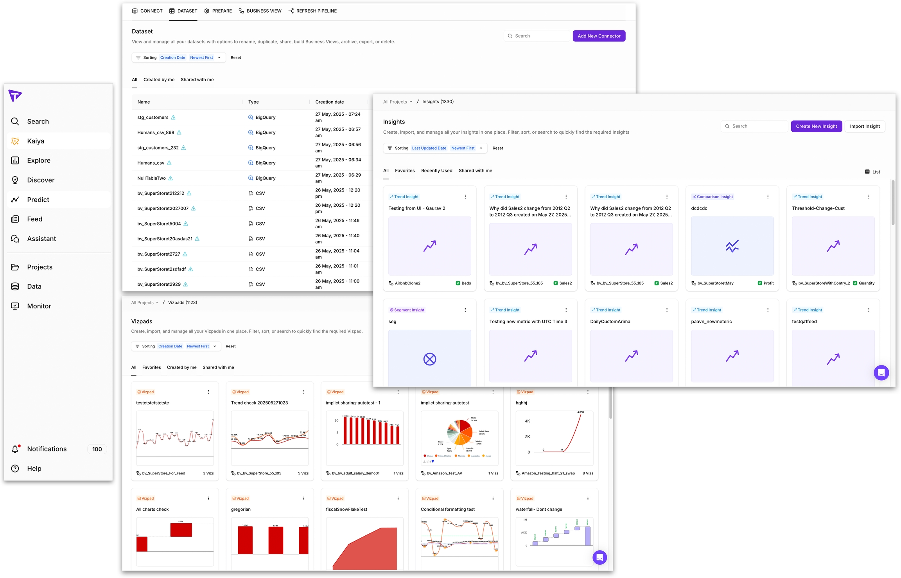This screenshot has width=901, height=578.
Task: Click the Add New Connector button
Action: click(599, 36)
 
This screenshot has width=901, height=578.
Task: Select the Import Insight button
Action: click(865, 126)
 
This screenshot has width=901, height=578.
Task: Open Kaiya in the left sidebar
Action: click(36, 141)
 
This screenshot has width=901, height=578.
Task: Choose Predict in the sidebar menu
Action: click(38, 200)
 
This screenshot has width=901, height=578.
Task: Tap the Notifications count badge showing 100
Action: click(97, 449)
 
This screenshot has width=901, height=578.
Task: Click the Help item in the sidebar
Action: click(34, 469)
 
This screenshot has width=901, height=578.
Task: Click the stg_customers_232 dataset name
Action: click(158, 148)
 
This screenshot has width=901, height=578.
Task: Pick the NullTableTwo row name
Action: click(151, 178)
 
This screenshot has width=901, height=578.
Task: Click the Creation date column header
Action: click(330, 102)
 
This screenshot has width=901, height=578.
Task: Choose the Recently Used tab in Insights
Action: click(436, 171)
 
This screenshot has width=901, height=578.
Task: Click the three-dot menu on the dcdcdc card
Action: click(768, 197)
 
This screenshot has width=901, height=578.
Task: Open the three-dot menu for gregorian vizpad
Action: click(303, 498)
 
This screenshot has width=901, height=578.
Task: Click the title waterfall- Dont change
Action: click(538, 509)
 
